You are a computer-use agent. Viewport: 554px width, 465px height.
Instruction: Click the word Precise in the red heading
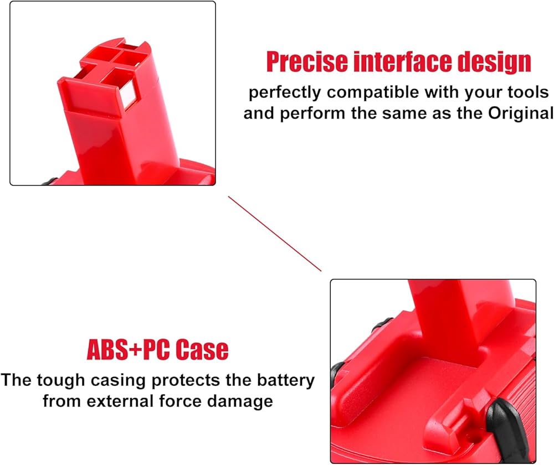(x=307, y=61)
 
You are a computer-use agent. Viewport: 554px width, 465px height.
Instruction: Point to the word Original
(x=520, y=113)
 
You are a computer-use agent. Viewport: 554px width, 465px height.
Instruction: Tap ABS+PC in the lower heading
(x=129, y=349)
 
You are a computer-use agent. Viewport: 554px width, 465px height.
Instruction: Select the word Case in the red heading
(x=202, y=349)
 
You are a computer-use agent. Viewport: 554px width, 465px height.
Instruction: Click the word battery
(x=285, y=381)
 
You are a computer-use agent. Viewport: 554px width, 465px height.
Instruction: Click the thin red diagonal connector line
(x=275, y=234)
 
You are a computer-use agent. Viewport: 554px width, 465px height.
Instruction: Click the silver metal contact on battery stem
(x=128, y=94)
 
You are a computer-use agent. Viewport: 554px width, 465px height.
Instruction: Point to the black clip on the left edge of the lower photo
(x=336, y=375)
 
